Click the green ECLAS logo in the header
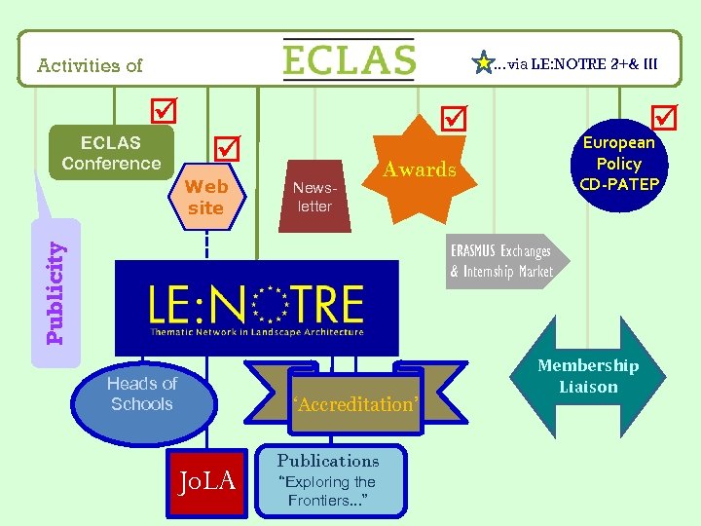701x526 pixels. tap(349, 59)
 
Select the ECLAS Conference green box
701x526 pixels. tap(111, 153)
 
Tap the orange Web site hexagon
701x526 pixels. tap(205, 198)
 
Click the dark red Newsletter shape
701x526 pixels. tap(314, 198)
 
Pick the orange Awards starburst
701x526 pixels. tap(420, 169)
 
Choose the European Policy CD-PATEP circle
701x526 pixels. tap(619, 164)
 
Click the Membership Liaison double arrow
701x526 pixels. tap(587, 377)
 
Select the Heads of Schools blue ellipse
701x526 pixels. tap(141, 394)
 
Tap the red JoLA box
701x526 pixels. tap(207, 479)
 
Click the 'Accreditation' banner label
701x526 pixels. tap(354, 403)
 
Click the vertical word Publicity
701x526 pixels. tap(57, 293)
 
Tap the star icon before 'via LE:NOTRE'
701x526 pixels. tap(482, 64)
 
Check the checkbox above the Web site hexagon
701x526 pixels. tap(227, 149)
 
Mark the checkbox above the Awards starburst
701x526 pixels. tap(453, 118)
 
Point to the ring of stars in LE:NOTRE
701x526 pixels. tap(270, 305)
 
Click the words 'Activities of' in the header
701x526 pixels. tap(90, 66)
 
